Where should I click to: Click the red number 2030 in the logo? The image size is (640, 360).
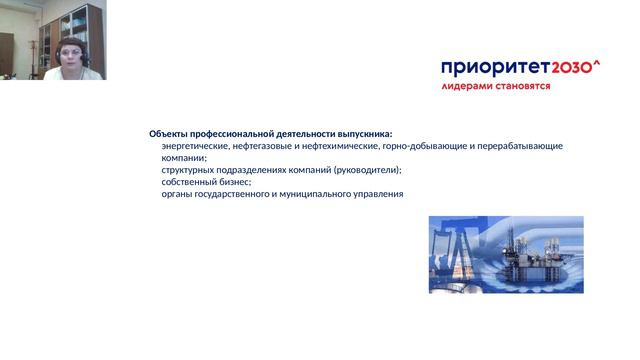pyautogui.click(x=568, y=68)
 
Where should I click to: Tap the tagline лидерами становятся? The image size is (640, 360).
pyautogui.click(x=495, y=87)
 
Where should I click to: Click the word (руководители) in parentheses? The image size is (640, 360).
pyautogui.click(x=367, y=170)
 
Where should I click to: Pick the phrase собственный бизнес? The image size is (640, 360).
pyautogui.click(x=206, y=182)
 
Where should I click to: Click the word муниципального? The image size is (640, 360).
pyautogui.click(x=315, y=194)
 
